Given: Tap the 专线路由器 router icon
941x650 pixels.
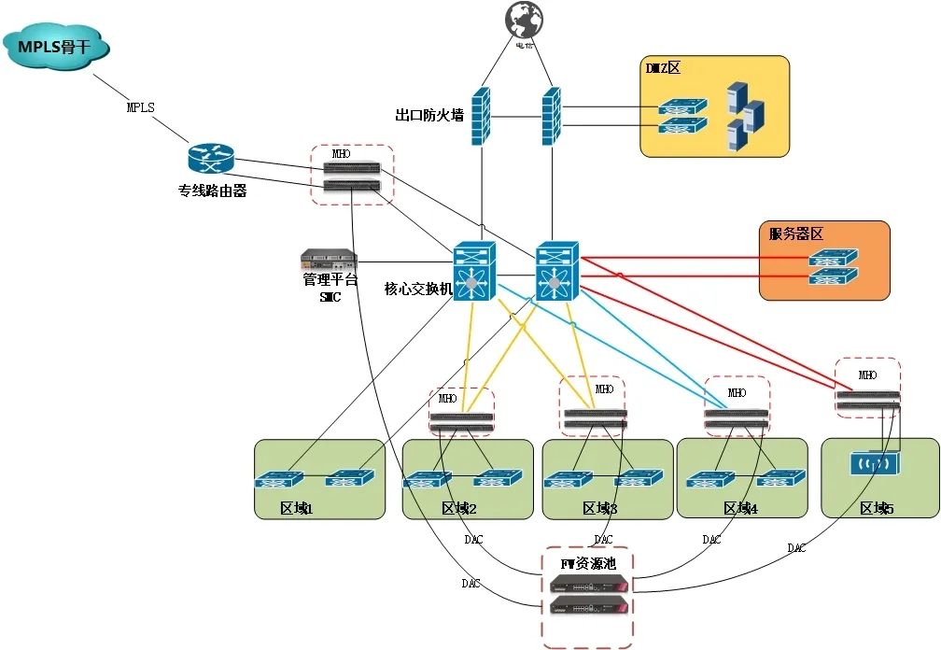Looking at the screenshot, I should (207, 160).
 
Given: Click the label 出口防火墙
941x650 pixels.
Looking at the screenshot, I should (429, 116).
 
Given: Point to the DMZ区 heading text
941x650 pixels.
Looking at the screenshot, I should (665, 68).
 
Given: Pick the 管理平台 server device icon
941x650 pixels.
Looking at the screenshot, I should (329, 259).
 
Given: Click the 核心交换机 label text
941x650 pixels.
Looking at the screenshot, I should (418, 289).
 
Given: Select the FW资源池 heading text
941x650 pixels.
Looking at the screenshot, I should (587, 563).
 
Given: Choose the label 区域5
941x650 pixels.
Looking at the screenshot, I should (877, 508).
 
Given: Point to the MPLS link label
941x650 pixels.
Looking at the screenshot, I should (140, 107).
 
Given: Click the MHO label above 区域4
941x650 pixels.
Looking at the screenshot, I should (737, 392).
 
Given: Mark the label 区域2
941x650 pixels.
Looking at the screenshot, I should (459, 508).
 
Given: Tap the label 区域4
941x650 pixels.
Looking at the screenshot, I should (740, 508).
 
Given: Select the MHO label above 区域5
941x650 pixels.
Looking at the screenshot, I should (867, 375).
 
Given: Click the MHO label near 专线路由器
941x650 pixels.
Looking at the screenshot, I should (342, 153).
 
